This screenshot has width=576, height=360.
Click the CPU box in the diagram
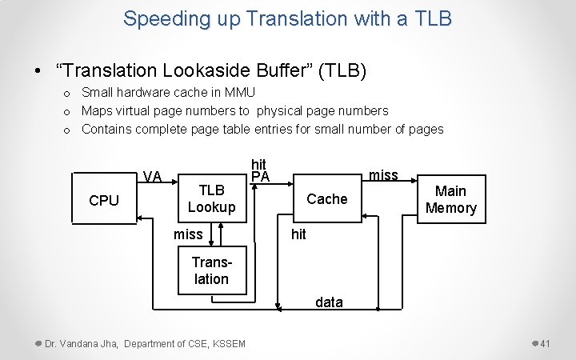click(104, 200)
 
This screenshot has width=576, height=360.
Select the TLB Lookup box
click(211, 198)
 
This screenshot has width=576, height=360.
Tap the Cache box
click(326, 198)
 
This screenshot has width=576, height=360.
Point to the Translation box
click(211, 270)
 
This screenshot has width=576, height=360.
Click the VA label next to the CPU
click(152, 176)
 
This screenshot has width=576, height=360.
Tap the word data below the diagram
click(329, 302)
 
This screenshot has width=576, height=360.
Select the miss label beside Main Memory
click(383, 174)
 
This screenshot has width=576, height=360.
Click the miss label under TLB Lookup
click(188, 234)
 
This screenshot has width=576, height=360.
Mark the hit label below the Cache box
click(298, 234)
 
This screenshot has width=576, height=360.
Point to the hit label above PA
click(258, 165)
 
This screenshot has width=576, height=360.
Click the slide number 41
click(545, 343)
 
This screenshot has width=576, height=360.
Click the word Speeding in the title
click(160, 18)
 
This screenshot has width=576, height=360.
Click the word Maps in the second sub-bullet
click(98, 110)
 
